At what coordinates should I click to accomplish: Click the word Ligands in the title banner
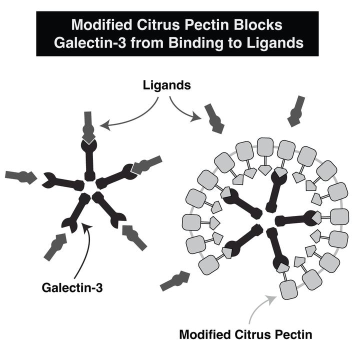(x=274, y=42)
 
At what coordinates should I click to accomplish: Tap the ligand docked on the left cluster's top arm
(x=88, y=127)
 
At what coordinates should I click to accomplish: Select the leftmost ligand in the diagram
(x=20, y=176)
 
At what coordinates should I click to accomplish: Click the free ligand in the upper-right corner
(x=297, y=110)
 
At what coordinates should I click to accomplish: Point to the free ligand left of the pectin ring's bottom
(x=175, y=281)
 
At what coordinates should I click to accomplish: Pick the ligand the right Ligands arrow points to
(x=213, y=118)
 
